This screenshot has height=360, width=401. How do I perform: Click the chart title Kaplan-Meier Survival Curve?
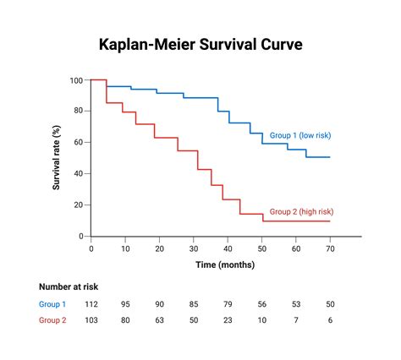click(200, 44)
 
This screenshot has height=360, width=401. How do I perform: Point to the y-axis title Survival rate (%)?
click(58, 157)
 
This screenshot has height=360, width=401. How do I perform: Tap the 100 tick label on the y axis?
click(76, 80)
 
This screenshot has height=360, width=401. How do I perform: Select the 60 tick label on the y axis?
click(78, 143)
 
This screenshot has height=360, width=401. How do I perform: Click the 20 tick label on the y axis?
click(78, 205)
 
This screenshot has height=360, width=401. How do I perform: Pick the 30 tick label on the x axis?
click(194, 248)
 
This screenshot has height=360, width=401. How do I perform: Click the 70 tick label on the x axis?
click(329, 248)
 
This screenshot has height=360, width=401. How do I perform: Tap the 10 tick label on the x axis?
click(125, 248)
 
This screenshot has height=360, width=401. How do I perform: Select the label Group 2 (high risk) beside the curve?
click(300, 211)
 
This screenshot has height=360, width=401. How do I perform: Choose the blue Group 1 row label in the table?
click(53, 304)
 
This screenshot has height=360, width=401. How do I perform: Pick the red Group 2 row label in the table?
click(53, 321)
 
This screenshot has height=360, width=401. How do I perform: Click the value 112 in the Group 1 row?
click(91, 304)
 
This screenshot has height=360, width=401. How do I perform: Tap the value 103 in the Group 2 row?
click(91, 321)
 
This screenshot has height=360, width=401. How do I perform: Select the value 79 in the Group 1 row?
click(228, 304)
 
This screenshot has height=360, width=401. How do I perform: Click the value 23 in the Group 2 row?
click(228, 321)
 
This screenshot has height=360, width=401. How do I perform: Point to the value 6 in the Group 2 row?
click(329, 321)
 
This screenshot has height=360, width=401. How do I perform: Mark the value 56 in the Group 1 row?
click(261, 304)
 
